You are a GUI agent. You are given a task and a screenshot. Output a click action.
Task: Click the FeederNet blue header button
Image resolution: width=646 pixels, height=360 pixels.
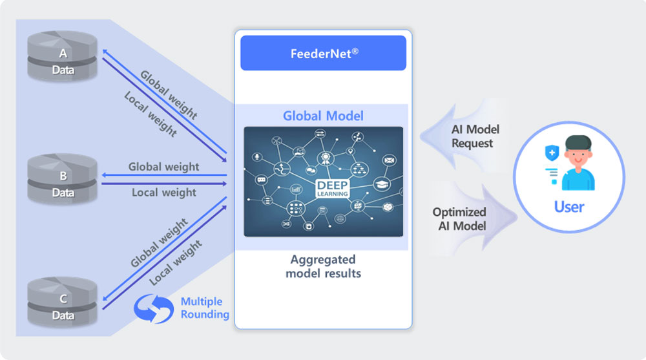click(324, 53)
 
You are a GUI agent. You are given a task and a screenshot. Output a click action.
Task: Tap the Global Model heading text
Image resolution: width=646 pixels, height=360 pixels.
click(323, 116)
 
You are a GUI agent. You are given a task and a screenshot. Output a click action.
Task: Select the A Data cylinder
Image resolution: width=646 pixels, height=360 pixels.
click(62, 56)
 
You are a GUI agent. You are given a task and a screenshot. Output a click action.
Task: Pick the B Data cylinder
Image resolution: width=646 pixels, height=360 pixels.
click(62, 178)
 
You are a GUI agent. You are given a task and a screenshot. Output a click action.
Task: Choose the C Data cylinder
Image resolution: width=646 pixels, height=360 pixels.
click(62, 301)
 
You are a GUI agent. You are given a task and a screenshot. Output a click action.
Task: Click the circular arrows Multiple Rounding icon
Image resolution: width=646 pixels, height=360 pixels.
click(154, 308)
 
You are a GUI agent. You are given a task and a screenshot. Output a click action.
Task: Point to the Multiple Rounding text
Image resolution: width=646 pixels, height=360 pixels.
click(205, 308)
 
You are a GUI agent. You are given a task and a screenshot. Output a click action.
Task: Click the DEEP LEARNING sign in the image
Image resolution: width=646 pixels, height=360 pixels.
click(333, 189)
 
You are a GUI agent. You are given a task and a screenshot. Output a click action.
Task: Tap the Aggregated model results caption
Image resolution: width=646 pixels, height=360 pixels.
click(324, 266)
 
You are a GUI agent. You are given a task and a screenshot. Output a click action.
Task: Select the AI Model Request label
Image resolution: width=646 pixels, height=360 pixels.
click(475, 136)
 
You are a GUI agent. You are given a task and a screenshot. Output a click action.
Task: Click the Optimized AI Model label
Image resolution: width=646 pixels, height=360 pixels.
click(459, 219)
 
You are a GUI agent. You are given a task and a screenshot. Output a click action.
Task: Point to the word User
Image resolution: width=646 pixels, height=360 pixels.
click(568, 207)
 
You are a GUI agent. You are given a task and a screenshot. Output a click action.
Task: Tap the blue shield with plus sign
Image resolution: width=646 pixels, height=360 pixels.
click(552, 153)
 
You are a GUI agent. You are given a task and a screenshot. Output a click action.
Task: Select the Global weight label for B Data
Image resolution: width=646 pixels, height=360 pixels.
click(163, 167)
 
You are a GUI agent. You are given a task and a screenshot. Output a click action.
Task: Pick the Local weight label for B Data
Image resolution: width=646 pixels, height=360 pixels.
click(164, 193)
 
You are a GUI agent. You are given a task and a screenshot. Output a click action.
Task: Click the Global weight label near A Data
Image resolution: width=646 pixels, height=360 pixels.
click(169, 94)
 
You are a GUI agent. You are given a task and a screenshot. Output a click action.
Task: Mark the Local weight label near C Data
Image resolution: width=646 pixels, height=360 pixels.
click(176, 262)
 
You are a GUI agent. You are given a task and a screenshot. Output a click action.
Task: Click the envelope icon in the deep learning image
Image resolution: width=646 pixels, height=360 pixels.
click(389, 160)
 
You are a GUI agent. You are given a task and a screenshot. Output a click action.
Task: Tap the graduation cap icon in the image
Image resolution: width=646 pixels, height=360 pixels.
click(382, 184)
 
